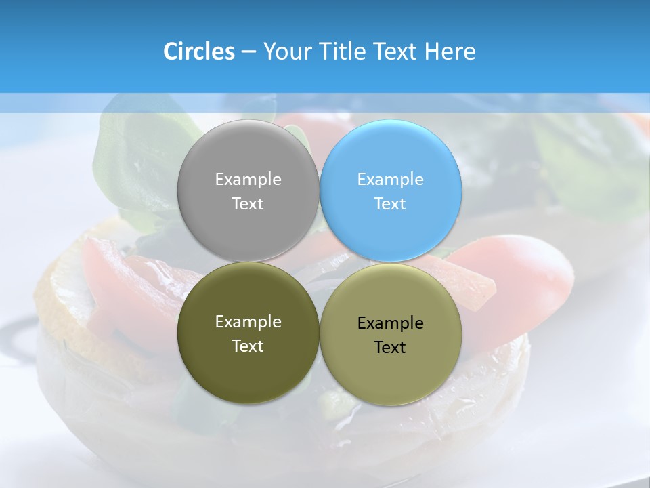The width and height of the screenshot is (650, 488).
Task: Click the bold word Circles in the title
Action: tap(198, 52)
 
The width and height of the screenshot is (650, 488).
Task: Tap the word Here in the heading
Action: tap(450, 52)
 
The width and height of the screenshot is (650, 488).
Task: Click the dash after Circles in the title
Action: tap(248, 52)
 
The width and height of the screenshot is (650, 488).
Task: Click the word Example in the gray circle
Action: tap(248, 180)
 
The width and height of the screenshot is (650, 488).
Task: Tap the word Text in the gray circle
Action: tap(248, 204)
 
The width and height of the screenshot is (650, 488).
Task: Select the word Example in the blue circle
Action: tap(391, 180)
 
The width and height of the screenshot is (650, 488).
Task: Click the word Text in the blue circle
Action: tap(390, 204)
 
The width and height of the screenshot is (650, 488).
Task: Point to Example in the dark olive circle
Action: tap(248, 322)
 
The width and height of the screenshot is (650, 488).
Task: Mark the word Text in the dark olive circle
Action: tap(248, 346)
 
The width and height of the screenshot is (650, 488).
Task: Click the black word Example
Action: tap(391, 323)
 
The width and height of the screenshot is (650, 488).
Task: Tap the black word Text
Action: tap(390, 348)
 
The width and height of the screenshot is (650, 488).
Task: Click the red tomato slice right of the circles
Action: tap(521, 271)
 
